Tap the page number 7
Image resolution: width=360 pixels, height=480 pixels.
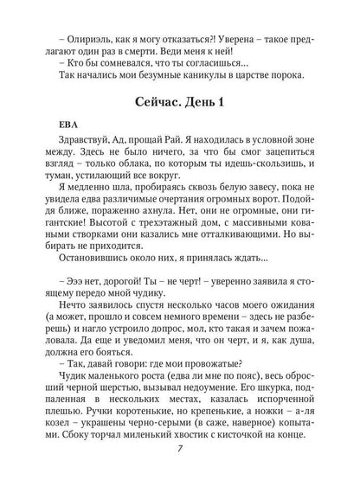(x=178, y=477)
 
